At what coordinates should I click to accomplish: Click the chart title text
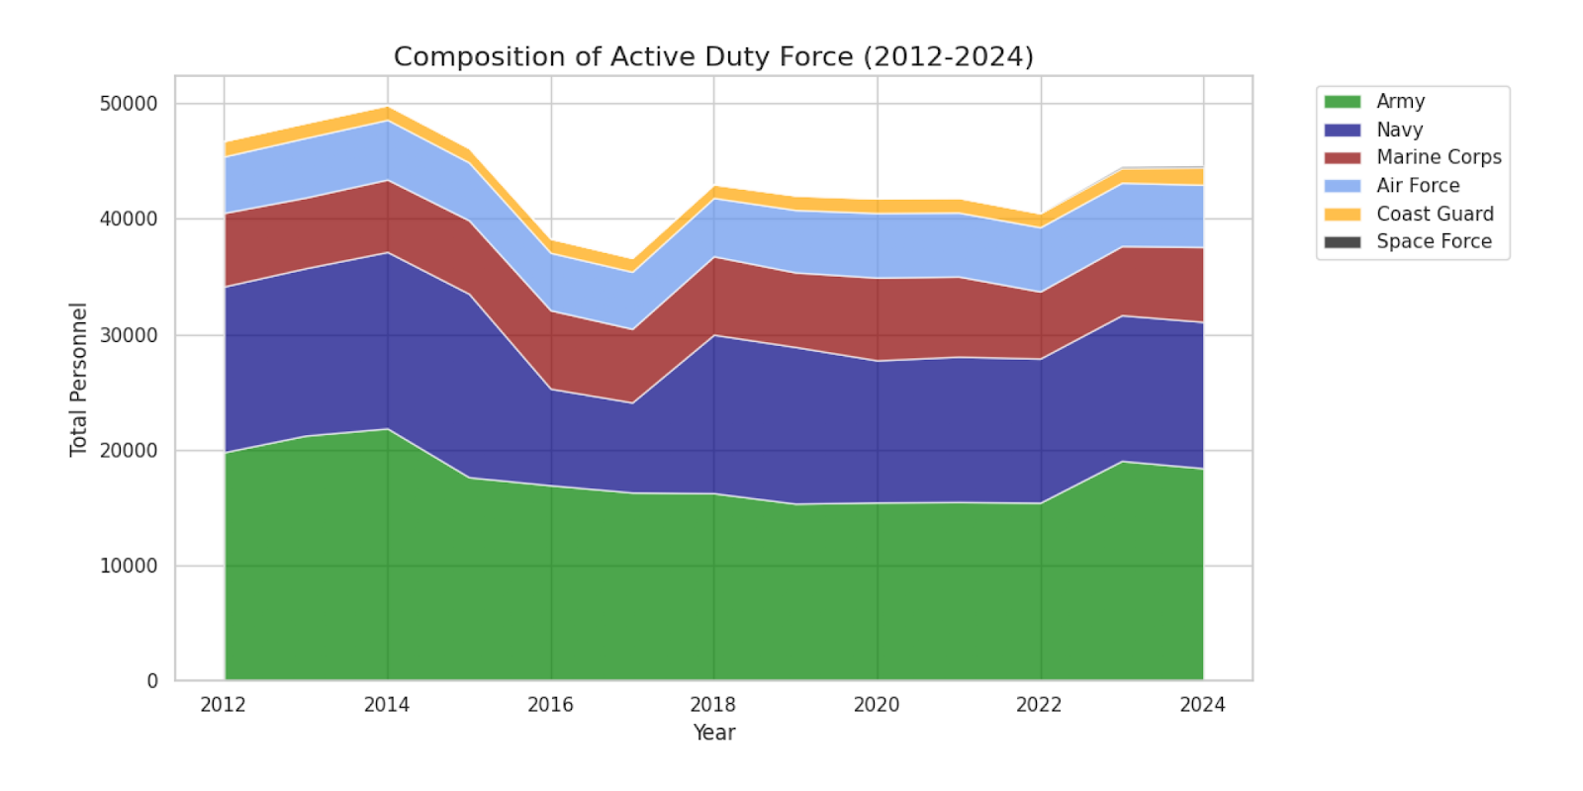[713, 56]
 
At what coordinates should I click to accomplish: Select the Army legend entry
[1399, 101]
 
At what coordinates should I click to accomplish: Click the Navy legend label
[1399, 130]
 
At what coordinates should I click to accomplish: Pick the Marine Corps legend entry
[1438, 157]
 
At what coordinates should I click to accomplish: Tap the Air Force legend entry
[1417, 185]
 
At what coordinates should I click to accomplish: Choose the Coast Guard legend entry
[1434, 214]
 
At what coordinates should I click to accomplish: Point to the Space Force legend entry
[1433, 241]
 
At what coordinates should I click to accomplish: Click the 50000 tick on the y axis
[129, 104]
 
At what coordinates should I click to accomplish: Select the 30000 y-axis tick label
[129, 335]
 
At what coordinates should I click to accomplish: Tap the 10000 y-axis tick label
[129, 566]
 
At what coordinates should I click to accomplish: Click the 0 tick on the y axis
[152, 681]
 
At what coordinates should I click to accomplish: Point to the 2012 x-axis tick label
[224, 705]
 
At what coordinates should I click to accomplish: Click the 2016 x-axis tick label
[550, 705]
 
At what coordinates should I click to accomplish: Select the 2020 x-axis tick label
[877, 705]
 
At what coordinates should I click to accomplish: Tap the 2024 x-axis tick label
[1202, 705]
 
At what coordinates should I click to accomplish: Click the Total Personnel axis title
[78, 380]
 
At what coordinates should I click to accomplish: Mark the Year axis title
[713, 733]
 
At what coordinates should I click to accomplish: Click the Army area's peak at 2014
[388, 429]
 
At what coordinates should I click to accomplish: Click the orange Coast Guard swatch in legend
[1343, 214]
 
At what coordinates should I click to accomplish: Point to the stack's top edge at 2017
[632, 261]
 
